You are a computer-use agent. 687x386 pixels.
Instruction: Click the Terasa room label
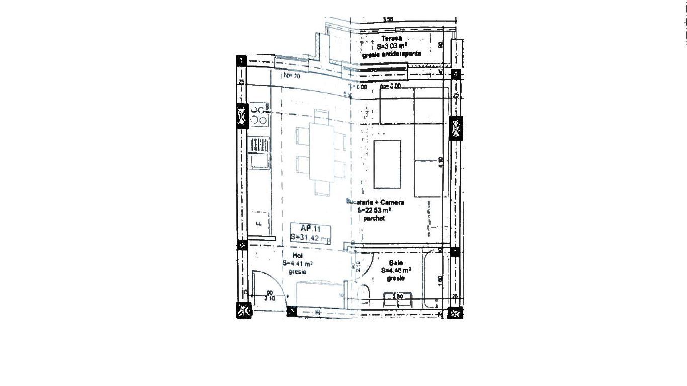(392, 39)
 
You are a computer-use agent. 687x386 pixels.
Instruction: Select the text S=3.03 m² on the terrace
(392, 46)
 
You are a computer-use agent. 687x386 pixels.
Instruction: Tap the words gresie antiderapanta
(392, 54)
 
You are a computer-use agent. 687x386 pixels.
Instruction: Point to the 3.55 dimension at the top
(388, 20)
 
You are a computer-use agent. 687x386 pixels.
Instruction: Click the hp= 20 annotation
(291, 76)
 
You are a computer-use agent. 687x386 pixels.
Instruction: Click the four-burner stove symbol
(259, 115)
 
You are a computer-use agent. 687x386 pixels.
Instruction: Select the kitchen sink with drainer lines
(260, 145)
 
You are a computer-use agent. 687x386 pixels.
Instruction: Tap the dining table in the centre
(322, 152)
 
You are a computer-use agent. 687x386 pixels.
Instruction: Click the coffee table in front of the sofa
(388, 164)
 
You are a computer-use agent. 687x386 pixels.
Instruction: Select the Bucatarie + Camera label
(375, 202)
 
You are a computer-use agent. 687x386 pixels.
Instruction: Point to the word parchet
(374, 219)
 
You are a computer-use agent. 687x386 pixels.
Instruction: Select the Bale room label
(396, 263)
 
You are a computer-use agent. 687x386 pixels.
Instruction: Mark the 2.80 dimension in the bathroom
(398, 297)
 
